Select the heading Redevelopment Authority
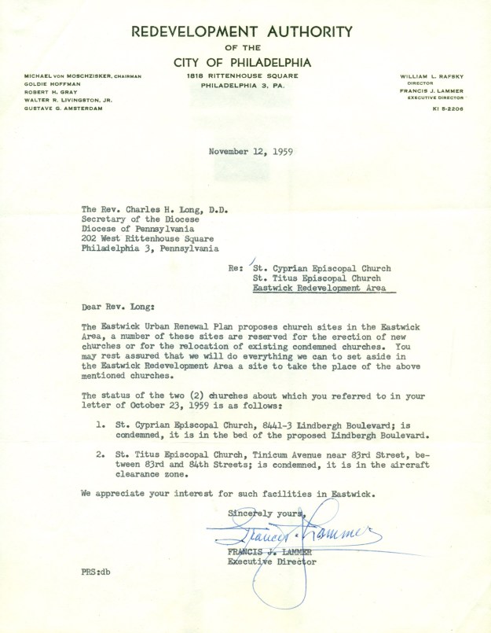[242, 32]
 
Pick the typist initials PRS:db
[95, 568]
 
